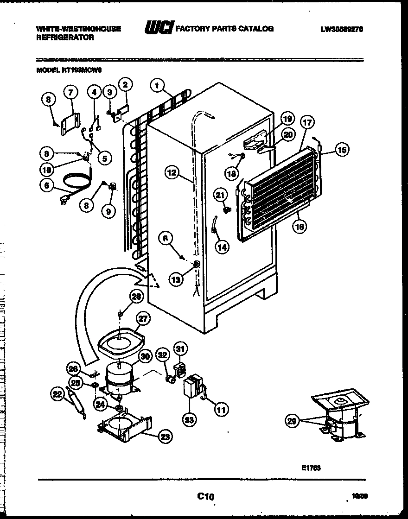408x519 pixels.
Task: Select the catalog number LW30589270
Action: (341, 29)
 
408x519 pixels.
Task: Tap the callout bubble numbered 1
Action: (158, 85)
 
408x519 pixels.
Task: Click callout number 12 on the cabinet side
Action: (172, 173)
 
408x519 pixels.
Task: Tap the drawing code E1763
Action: (310, 468)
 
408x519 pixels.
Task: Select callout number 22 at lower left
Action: (57, 394)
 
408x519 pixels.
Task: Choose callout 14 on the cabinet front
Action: (222, 247)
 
